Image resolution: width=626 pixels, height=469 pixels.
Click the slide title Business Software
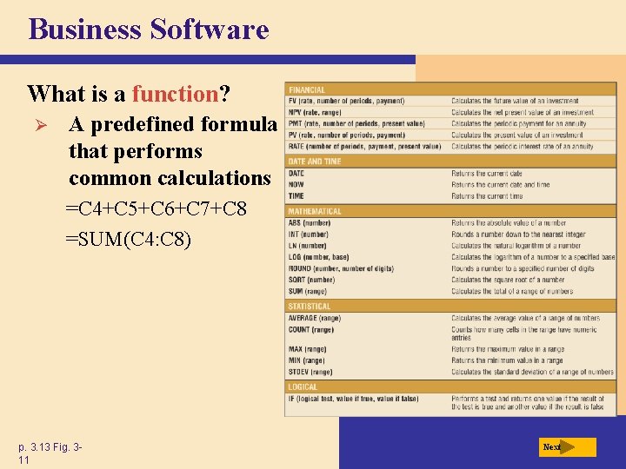pos(149,30)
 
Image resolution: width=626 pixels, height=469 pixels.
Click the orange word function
pos(173,93)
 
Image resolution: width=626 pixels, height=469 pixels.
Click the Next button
pos(567,447)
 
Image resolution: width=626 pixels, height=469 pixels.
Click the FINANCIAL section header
pos(307,89)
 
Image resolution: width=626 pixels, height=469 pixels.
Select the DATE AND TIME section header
pos(315,161)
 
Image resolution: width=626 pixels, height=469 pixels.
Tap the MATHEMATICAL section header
pos(315,211)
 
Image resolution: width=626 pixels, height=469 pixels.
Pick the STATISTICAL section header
pos(310,306)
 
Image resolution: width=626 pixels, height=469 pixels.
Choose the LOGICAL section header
pos(303,386)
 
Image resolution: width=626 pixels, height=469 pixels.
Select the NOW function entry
pos(296,184)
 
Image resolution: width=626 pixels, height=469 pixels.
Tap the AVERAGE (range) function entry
pos(315,318)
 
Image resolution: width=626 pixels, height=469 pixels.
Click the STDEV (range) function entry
pos(310,372)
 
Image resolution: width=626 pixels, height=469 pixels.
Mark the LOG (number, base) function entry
pos(318,257)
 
